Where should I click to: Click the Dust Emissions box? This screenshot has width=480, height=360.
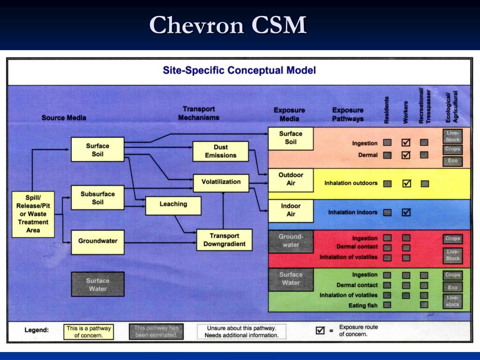[x=221, y=151]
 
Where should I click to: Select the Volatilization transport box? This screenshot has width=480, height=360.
[x=221, y=182]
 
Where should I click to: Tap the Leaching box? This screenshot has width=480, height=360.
[x=173, y=204]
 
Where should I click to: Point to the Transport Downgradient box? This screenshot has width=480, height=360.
[x=224, y=240]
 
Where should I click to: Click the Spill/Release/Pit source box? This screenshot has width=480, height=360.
[x=33, y=214]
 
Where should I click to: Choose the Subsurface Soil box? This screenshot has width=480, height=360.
[x=97, y=198]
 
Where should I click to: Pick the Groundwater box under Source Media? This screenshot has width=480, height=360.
[x=97, y=241]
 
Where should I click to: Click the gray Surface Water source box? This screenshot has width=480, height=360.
[x=97, y=285]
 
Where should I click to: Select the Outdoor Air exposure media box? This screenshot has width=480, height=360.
[x=291, y=179]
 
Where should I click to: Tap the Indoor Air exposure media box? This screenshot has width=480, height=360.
[x=291, y=210]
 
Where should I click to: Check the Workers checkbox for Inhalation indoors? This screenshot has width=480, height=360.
[x=406, y=212]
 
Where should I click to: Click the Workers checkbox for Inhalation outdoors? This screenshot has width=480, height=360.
[x=406, y=183]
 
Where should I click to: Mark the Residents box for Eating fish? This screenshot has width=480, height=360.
[x=387, y=305]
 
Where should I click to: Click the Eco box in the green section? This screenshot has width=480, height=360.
[x=453, y=287]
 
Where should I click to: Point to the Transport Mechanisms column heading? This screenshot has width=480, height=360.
[x=198, y=113]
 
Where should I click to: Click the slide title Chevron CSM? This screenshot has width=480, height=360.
[x=228, y=25]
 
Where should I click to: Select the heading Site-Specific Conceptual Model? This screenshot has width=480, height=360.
[x=239, y=71]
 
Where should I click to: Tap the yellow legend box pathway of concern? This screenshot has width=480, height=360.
[x=89, y=332]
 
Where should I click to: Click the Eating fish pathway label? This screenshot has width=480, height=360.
[x=363, y=306]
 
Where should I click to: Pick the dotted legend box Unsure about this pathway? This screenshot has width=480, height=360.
[x=241, y=332]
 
